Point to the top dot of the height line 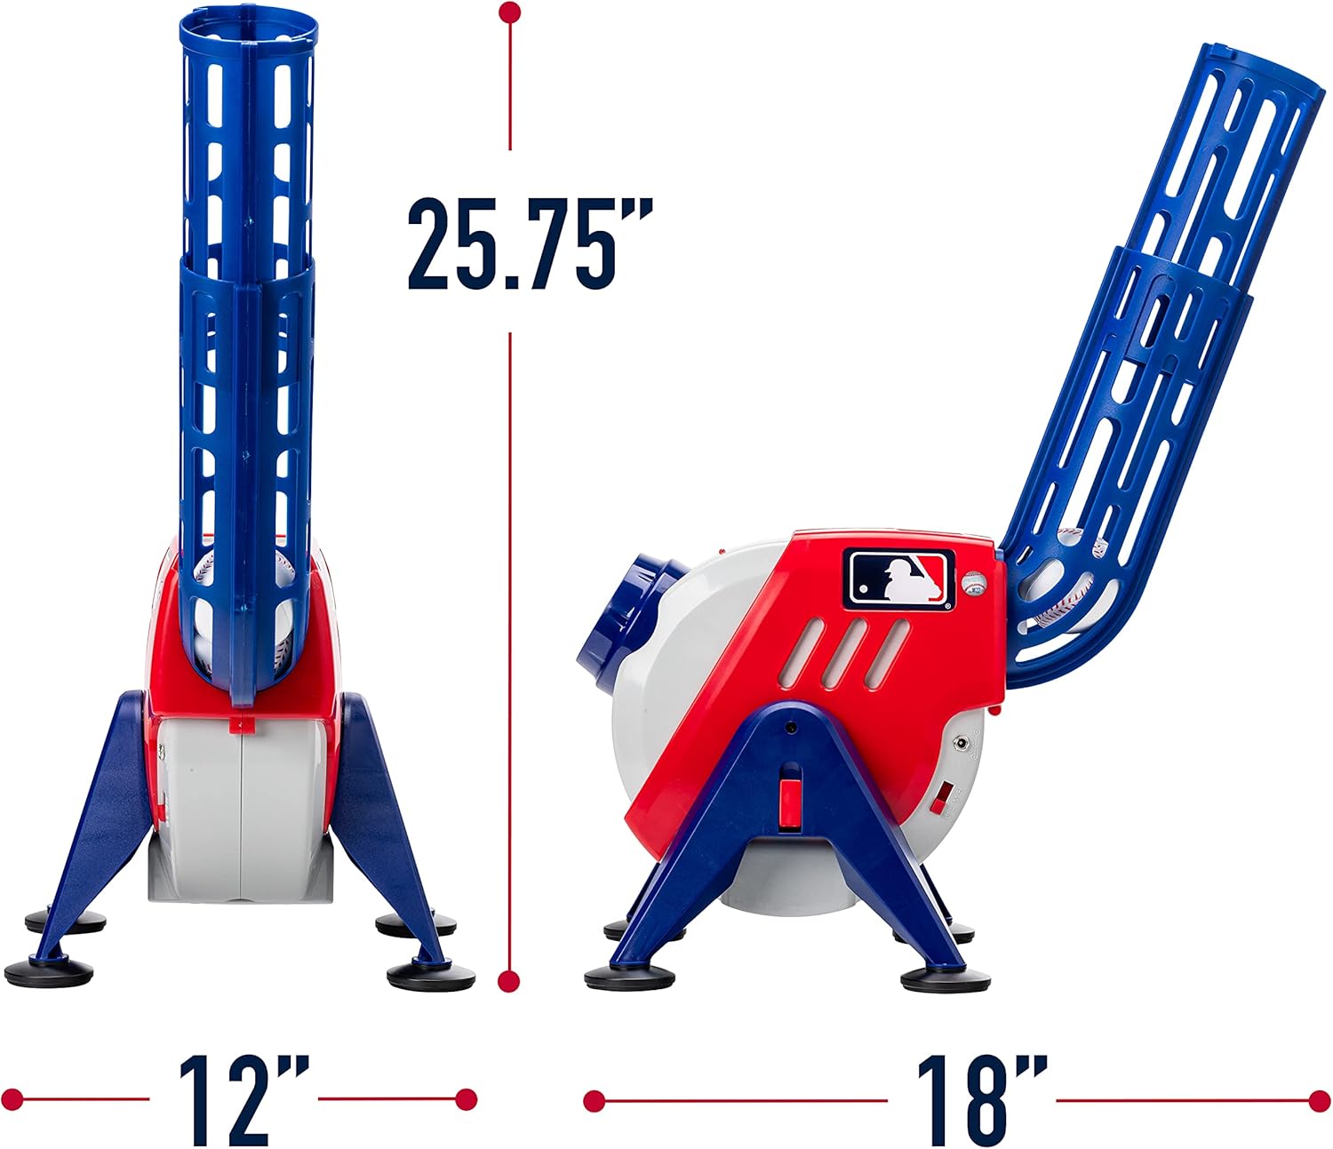click(x=510, y=12)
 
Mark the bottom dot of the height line click(x=509, y=981)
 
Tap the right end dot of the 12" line click(x=466, y=1099)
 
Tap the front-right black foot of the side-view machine click(x=945, y=979)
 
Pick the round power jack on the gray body click(x=961, y=741)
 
